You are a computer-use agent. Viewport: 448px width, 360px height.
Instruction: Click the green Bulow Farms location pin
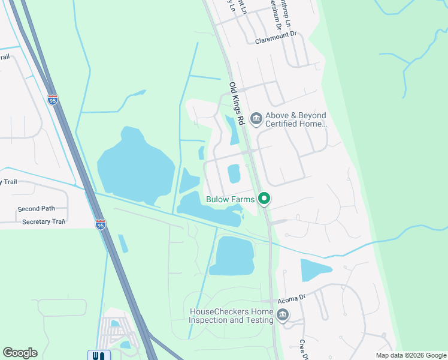(264, 199)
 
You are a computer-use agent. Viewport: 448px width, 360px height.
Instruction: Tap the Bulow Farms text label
(230, 199)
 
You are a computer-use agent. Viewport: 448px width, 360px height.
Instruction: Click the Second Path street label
(36, 209)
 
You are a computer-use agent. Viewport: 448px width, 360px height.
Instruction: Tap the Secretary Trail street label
(43, 222)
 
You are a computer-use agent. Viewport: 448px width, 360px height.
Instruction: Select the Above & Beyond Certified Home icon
(256, 118)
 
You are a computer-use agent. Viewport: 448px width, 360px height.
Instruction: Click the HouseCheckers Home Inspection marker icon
(282, 315)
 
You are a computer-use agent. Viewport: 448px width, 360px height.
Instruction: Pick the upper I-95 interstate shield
(53, 100)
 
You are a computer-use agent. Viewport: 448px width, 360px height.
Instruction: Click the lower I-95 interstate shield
(101, 224)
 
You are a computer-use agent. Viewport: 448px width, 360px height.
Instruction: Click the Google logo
(20, 353)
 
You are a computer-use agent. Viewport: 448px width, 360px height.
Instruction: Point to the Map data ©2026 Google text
(410, 355)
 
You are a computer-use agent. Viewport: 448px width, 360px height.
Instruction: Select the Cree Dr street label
(302, 349)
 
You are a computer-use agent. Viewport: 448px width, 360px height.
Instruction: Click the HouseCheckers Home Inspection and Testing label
(231, 316)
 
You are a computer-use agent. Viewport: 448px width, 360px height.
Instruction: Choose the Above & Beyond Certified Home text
(296, 119)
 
